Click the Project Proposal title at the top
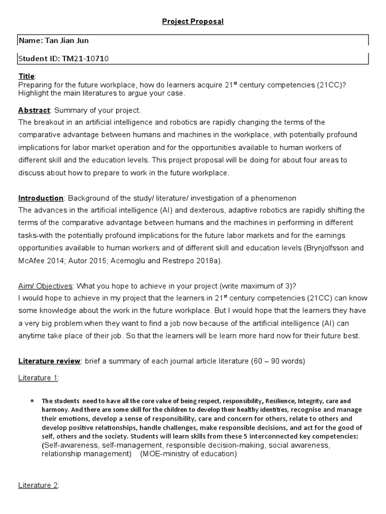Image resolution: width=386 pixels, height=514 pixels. coord(192,22)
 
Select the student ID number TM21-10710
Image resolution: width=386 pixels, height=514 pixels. coord(85,59)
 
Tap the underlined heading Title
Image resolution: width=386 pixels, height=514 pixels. coord(27,76)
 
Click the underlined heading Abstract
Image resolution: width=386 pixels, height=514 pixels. coord(34,110)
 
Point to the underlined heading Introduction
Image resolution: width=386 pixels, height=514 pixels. coord(41,197)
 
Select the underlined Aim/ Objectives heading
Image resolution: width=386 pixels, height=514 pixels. coord(46,286)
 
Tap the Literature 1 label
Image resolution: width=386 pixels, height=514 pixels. coord(38,377)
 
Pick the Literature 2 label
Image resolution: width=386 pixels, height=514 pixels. coord(38,485)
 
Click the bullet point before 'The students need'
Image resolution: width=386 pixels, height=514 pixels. coord(32,401)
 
